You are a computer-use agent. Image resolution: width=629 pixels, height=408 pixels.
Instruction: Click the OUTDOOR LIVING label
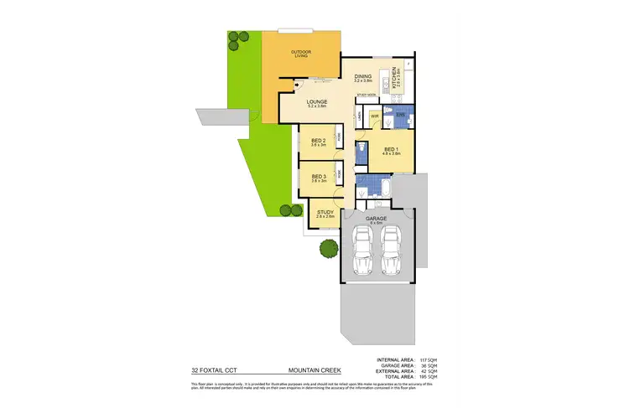[299, 53]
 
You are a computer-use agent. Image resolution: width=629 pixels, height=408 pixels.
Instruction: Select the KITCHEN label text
[400, 76]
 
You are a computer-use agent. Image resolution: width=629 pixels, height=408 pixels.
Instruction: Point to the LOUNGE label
[316, 103]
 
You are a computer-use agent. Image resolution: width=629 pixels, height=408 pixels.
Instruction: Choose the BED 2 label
[318, 142]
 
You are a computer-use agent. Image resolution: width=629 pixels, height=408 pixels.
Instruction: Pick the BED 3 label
[318, 177]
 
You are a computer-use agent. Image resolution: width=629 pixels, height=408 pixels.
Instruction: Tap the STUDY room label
[325, 214]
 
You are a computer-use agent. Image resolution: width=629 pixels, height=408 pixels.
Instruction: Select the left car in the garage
[361, 251]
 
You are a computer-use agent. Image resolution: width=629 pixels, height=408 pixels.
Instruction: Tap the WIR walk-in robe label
[375, 116]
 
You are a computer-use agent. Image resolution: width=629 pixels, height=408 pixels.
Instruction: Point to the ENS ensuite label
[400, 115]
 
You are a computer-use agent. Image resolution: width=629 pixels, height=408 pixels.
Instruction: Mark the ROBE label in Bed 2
[339, 138]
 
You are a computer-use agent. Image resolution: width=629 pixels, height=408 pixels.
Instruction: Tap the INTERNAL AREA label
[393, 359]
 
